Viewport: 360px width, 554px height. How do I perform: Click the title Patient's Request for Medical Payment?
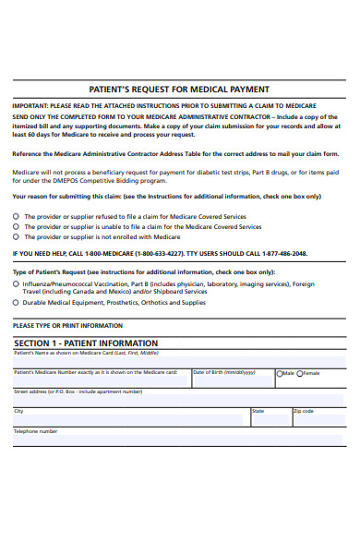pyautogui.click(x=179, y=90)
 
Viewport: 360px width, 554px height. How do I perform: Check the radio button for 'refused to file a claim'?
pyautogui.click(x=16, y=216)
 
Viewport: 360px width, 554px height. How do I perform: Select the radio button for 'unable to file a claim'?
pyautogui.click(x=16, y=226)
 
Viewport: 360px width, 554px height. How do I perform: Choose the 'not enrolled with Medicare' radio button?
pyautogui.click(x=16, y=236)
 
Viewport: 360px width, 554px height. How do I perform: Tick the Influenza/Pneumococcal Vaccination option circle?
pyautogui.click(x=16, y=284)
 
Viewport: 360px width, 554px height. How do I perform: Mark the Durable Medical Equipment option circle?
pyautogui.click(x=16, y=303)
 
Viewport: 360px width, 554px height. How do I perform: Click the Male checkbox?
pyautogui.click(x=280, y=373)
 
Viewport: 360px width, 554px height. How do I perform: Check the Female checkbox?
pyautogui.click(x=300, y=373)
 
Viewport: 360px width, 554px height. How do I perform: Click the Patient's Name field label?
pyautogui.click(x=85, y=354)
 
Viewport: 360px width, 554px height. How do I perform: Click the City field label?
pyautogui.click(x=18, y=411)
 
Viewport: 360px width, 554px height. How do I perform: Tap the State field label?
pyautogui.click(x=258, y=411)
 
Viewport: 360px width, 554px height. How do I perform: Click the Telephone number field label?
pyautogui.click(x=35, y=431)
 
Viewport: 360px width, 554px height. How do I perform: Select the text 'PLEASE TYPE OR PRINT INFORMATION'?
pyautogui.click(x=67, y=326)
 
